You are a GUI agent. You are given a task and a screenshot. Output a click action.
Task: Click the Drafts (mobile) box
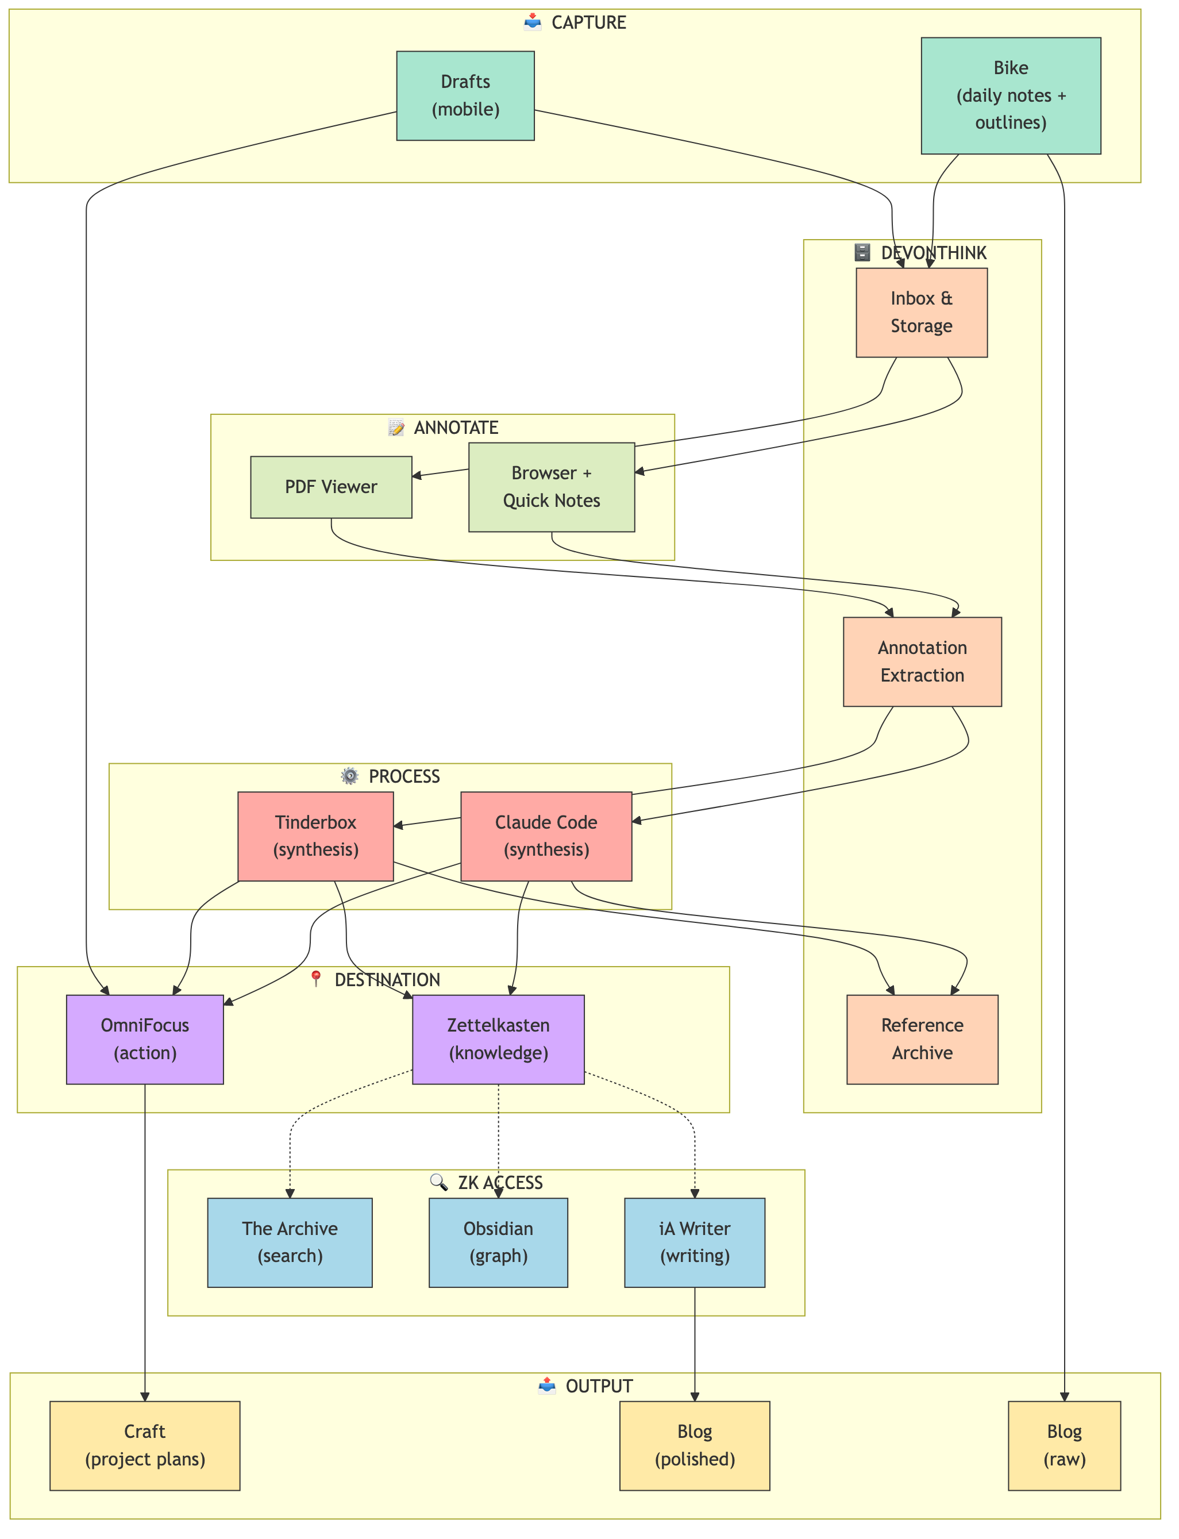click(x=465, y=95)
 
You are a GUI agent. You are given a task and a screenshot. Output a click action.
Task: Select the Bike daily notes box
click(x=1011, y=95)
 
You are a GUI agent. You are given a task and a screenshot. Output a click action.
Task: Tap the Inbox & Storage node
click(x=922, y=312)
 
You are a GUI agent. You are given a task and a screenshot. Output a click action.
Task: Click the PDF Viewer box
click(x=330, y=487)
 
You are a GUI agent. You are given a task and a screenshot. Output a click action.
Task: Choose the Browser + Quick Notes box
click(x=551, y=487)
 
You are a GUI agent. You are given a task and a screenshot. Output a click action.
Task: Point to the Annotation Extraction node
click(x=922, y=661)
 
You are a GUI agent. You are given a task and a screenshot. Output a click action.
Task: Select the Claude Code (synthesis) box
click(x=546, y=836)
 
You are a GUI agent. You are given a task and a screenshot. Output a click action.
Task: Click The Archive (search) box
click(x=290, y=1242)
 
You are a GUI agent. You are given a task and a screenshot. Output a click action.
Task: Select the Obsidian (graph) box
click(x=498, y=1242)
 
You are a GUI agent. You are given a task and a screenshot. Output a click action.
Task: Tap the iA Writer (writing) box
click(x=695, y=1242)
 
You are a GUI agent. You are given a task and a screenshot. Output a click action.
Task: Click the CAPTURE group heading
click(x=588, y=22)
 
